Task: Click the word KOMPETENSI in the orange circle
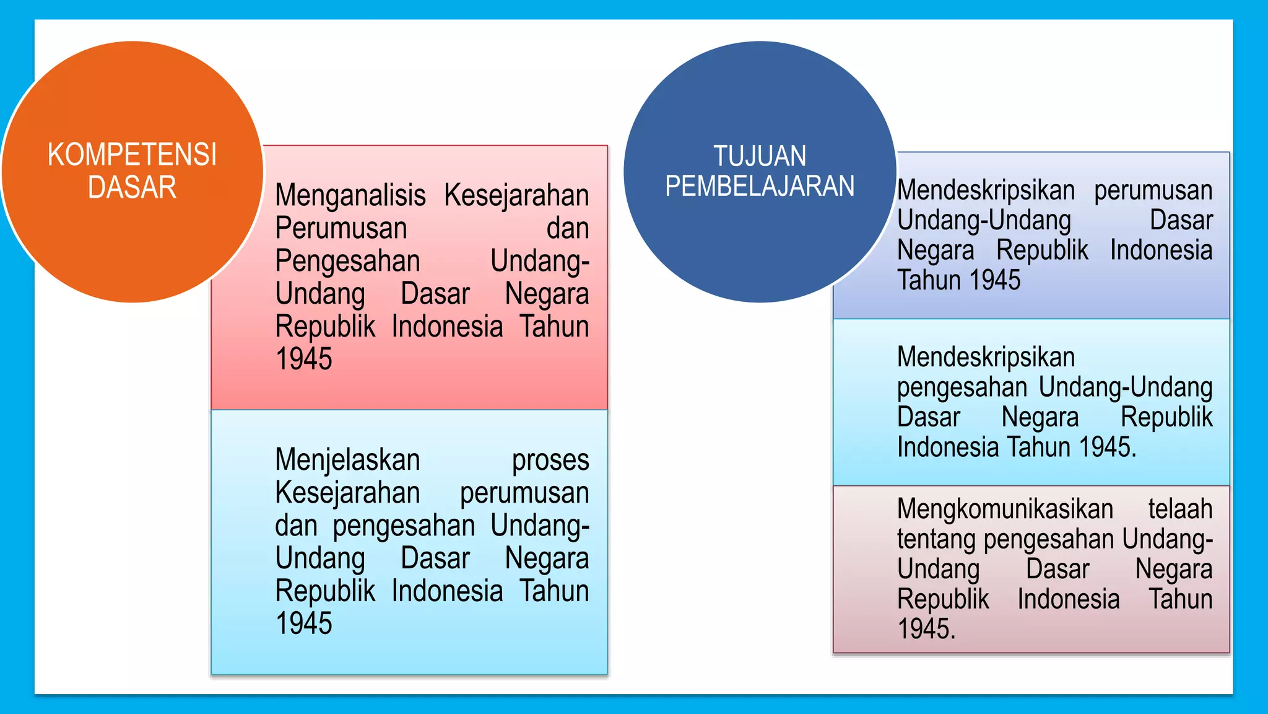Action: click(x=132, y=155)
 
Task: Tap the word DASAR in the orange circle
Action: click(x=132, y=187)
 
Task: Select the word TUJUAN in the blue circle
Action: click(x=760, y=156)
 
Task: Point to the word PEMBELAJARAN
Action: click(x=760, y=186)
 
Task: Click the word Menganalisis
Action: click(x=350, y=196)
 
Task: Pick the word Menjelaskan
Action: click(x=347, y=460)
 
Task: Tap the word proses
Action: click(x=550, y=460)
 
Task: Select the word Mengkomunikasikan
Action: click(x=1005, y=509)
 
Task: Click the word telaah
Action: click(x=1180, y=509)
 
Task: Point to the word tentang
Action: click(x=937, y=539)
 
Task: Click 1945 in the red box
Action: click(x=304, y=359)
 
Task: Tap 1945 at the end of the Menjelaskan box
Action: click(x=304, y=624)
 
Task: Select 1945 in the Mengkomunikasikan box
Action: click(x=926, y=629)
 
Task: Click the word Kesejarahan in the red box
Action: click(x=516, y=196)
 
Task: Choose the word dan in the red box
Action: click(x=567, y=228)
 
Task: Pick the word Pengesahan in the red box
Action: click(x=347, y=261)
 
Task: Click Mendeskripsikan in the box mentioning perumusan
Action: click(x=986, y=190)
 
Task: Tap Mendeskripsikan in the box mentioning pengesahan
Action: click(x=986, y=357)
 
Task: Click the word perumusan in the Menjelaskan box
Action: click(x=524, y=493)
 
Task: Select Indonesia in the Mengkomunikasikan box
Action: click(x=1069, y=599)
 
